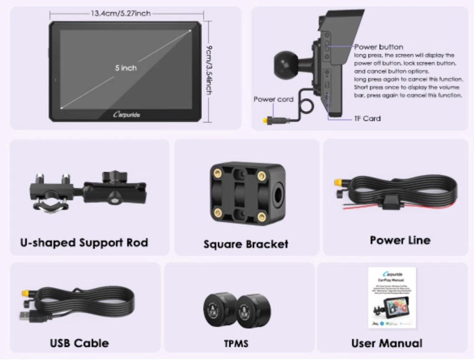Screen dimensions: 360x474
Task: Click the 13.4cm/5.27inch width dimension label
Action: coord(121,13)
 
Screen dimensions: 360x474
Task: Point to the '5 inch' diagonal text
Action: coord(126,68)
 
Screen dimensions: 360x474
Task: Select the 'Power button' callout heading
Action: coord(379,47)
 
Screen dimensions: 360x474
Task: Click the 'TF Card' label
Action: coord(368,118)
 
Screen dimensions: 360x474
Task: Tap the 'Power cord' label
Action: coord(273,99)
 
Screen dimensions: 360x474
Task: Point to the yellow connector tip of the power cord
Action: coord(261,121)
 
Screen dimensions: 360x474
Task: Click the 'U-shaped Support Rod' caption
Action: coord(84,243)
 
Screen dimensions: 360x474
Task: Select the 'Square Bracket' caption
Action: coord(246,244)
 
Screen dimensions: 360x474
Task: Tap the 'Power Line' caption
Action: coord(400,240)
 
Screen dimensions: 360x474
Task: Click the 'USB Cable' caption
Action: coord(79,342)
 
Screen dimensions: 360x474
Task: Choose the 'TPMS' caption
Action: coord(236,343)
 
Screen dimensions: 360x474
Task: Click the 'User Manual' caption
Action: coord(387,342)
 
